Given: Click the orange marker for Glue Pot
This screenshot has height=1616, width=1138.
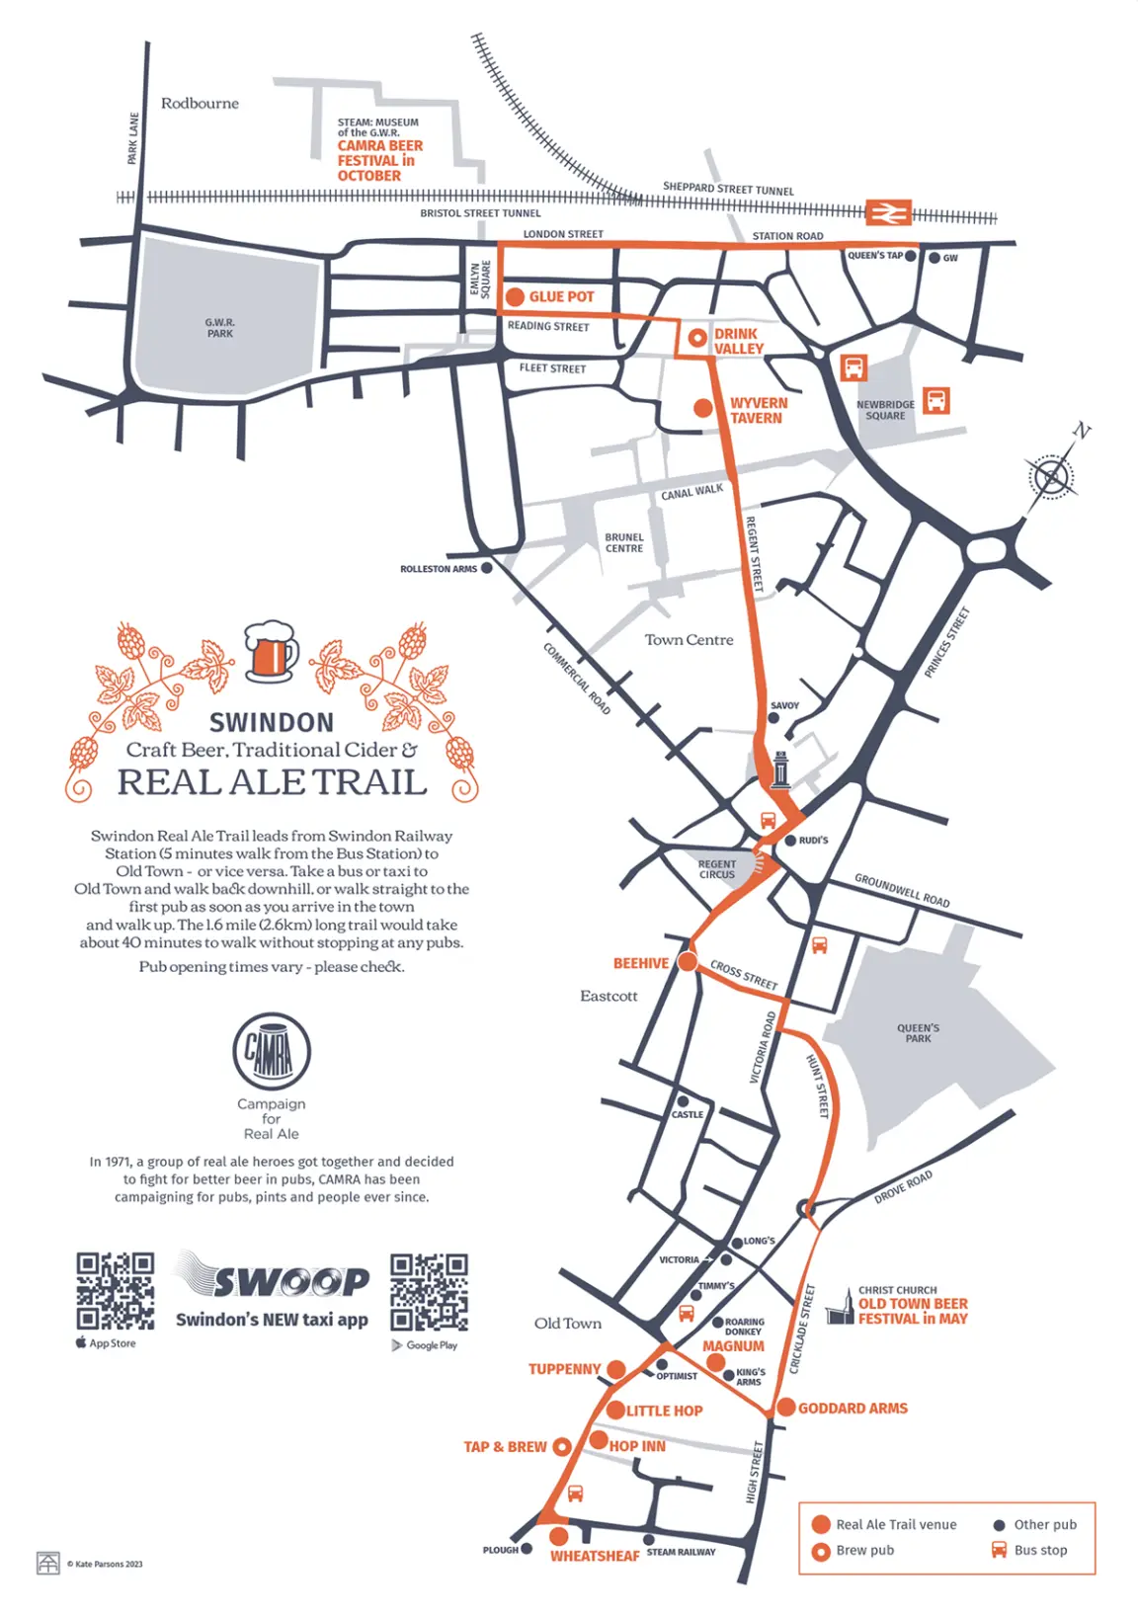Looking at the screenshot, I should (x=515, y=296).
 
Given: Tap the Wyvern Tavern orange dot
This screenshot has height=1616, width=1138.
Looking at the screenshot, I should (x=702, y=408).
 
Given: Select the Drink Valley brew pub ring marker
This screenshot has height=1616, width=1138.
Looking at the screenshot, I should (x=697, y=338).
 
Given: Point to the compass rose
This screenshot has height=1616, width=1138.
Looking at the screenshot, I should (x=1051, y=477).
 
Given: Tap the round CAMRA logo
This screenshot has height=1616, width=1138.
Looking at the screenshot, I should (x=272, y=1052).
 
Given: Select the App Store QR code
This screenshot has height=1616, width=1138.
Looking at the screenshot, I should (x=116, y=1291).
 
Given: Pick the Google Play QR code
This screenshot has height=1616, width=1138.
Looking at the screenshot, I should (x=429, y=1292).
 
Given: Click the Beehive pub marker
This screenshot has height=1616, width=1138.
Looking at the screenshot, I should (x=687, y=962).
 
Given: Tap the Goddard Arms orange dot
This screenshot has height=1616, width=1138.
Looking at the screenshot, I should (x=785, y=1408).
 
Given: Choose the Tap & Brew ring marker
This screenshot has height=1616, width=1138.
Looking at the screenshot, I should (x=562, y=1447).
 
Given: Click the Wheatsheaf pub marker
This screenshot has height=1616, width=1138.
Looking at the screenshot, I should (x=559, y=1536).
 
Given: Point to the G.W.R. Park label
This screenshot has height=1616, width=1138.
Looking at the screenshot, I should (x=219, y=328).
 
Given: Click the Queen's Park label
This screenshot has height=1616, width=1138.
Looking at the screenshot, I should (x=918, y=1033).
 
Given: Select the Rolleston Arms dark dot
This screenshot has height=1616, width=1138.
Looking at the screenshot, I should (x=486, y=568).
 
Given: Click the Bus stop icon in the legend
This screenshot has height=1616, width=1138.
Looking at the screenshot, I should (x=1000, y=1549).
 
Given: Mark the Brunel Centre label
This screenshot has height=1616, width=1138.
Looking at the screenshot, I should (x=624, y=542).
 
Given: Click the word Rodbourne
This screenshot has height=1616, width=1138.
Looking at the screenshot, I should (x=200, y=103).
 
